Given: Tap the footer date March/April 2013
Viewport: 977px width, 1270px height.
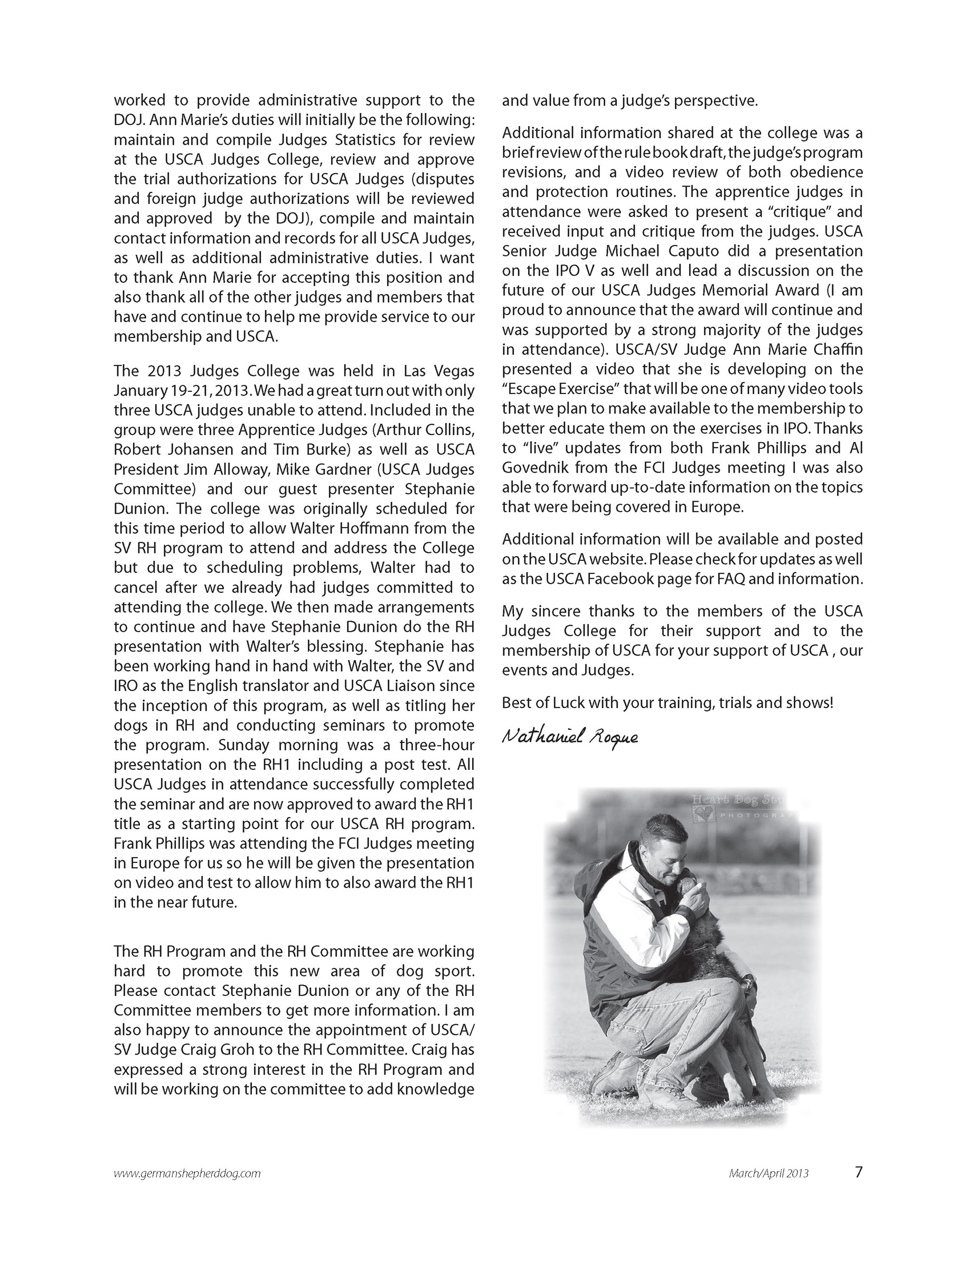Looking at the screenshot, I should coord(768,1173).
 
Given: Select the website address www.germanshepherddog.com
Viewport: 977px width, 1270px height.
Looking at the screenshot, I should coord(187,1173).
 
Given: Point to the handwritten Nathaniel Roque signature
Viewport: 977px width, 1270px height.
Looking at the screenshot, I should coord(569,738).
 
